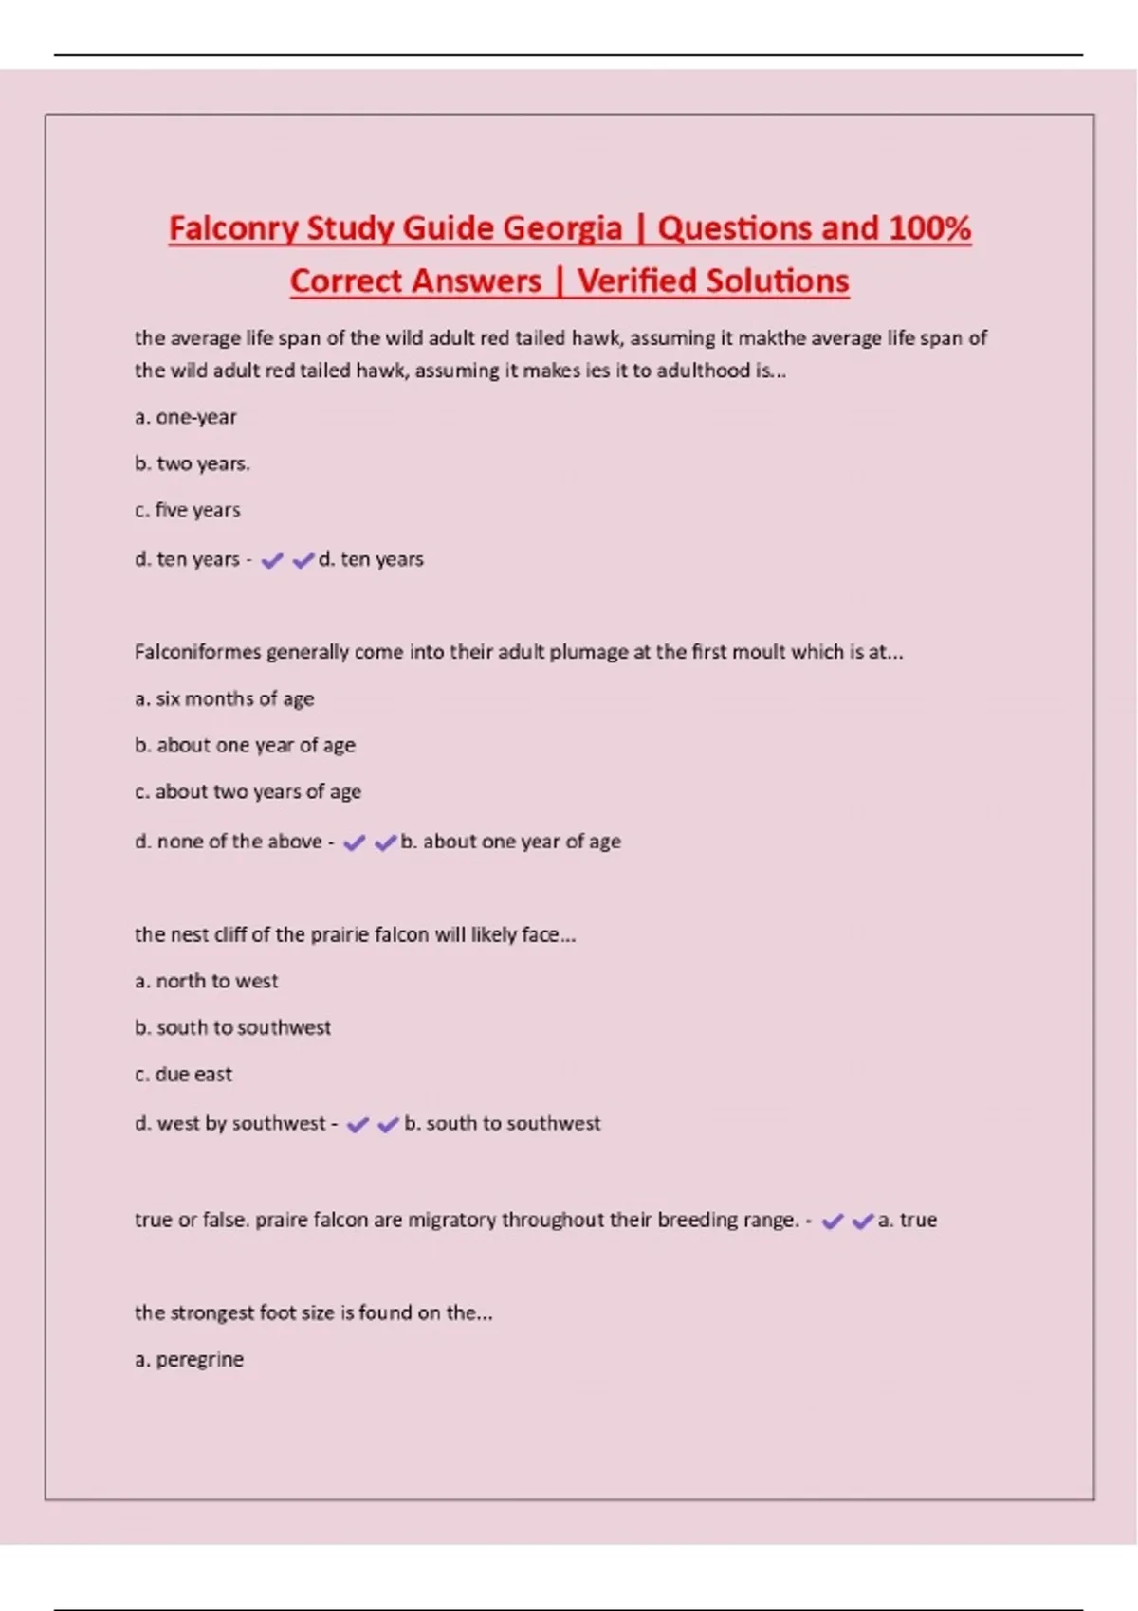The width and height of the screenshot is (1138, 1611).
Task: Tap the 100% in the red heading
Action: pos(929,228)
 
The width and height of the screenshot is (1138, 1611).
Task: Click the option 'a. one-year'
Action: pos(186,417)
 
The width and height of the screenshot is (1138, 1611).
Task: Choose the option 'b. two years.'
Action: pos(193,463)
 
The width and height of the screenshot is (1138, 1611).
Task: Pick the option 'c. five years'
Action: pos(188,510)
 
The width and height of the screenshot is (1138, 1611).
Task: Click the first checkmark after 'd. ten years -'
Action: pos(272,561)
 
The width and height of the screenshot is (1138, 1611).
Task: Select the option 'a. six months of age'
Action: pos(225,699)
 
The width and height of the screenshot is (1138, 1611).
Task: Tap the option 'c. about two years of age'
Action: pos(248,791)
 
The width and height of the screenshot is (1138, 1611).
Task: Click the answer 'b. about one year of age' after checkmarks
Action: pos(511,842)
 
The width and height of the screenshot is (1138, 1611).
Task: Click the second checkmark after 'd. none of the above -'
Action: pos(385,842)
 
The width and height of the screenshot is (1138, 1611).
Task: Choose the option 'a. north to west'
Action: pos(207,981)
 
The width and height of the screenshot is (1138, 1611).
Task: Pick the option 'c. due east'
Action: pos(184,1075)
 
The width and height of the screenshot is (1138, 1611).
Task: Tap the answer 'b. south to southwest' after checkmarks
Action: pos(503,1124)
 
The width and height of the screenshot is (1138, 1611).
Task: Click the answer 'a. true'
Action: pos(908,1221)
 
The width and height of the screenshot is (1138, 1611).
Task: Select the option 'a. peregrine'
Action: pos(190,1360)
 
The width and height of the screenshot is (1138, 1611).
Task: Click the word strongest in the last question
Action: pos(212,1313)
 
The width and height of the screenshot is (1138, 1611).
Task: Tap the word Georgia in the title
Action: pos(562,228)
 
